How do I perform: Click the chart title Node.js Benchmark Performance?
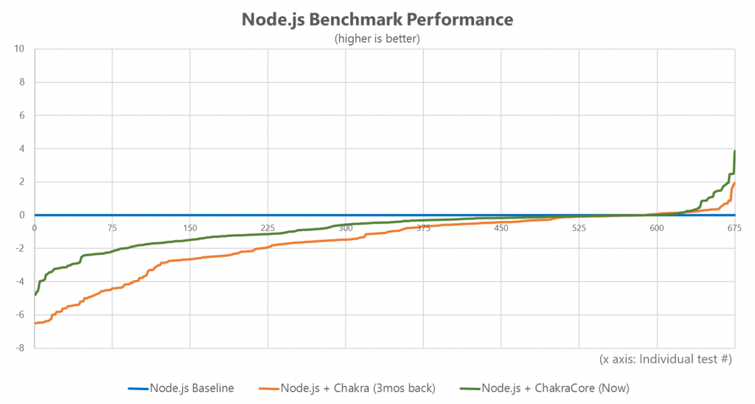point(377,20)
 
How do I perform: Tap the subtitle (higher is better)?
point(377,38)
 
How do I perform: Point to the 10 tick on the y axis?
point(20,49)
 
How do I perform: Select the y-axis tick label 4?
point(22,149)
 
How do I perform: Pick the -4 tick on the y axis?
point(20,281)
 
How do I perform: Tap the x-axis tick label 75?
point(112,227)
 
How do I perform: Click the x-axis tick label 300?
point(345,227)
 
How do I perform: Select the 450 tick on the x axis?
point(501,227)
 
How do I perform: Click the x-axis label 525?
point(579,227)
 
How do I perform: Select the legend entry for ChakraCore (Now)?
point(554,388)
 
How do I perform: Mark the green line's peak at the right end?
point(735,151)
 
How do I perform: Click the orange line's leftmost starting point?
point(35,323)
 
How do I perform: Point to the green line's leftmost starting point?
point(35,295)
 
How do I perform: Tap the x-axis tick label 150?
point(189,227)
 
